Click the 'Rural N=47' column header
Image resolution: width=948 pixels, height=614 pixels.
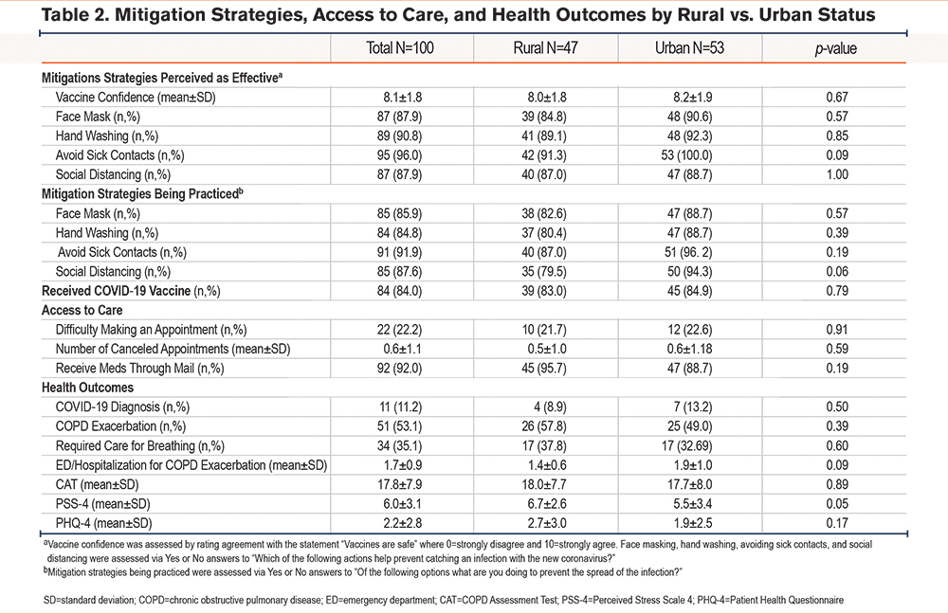545,48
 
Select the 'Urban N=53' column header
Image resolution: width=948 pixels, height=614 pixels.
689,48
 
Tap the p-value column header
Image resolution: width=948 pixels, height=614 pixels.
835,49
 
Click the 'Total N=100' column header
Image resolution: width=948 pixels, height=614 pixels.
400,48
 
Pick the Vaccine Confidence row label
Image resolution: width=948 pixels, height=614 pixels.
136,98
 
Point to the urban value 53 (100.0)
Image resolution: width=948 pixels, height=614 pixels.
686,155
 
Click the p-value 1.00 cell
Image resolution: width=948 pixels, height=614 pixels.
837,174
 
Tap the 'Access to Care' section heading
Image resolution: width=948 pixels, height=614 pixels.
82,310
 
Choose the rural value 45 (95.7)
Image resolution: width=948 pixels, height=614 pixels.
544,368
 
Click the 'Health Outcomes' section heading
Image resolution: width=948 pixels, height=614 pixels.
87,388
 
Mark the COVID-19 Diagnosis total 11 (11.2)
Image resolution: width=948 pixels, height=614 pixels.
400,406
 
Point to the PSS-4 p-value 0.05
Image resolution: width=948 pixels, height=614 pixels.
837,503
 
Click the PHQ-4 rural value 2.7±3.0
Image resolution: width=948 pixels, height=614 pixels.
544,523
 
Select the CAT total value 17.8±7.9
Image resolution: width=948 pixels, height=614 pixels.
400,484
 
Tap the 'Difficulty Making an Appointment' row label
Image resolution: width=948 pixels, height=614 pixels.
151,330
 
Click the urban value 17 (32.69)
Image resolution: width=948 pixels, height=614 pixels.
686,445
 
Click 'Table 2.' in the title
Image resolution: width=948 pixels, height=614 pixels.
75,14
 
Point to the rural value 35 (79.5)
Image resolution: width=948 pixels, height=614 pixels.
544,271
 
